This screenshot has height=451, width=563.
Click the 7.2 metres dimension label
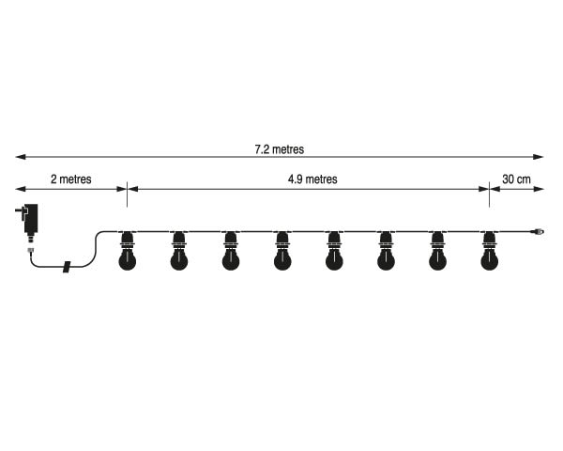click(280, 149)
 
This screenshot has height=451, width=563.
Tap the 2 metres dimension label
click(71, 179)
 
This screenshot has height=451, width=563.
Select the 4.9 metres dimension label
click(312, 179)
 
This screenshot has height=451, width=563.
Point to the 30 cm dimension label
click(516, 179)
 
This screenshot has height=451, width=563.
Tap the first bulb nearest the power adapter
click(127, 251)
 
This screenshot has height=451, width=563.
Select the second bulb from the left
click(179, 251)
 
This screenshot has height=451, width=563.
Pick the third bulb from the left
click(231, 251)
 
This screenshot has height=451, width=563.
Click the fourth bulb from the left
click(282, 251)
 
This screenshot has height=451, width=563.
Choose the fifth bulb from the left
click(334, 251)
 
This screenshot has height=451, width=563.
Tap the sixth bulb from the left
click(386, 251)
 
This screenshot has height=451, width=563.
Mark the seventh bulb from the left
click(437, 251)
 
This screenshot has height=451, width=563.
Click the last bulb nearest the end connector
click(489, 251)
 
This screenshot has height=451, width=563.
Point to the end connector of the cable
click(539, 232)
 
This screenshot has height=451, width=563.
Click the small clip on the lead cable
click(67, 267)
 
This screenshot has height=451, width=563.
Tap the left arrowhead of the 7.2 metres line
click(21, 157)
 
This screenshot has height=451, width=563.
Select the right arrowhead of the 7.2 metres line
click(539, 157)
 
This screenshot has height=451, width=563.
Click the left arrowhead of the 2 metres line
click(21, 189)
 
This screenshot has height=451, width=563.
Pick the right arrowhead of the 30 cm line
click(539, 189)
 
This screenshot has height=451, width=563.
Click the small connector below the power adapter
click(31, 251)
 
